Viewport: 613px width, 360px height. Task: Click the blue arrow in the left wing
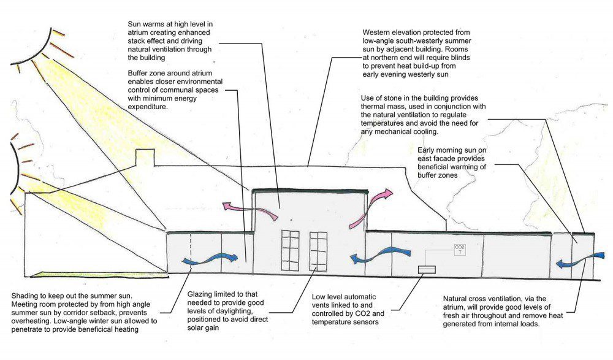210,259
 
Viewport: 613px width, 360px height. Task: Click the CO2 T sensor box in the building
460,250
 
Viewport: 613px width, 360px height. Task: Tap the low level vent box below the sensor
427,270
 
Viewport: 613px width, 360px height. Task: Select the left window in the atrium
290,250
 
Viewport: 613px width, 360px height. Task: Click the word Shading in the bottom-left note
25,296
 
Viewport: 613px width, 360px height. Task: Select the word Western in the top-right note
377,33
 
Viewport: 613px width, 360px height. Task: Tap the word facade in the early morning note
444,158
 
